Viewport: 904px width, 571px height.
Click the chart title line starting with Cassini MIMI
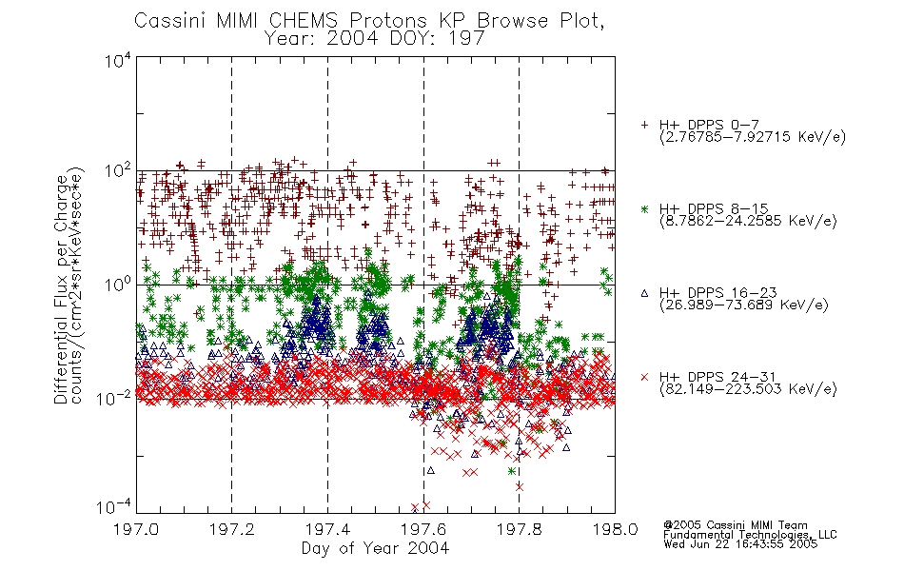(369, 21)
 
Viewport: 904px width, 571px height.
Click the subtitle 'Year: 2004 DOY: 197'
(374, 39)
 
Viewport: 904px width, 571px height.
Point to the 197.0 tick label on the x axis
(136, 529)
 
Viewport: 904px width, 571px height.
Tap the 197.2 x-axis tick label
(232, 529)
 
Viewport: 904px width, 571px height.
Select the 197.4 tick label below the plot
(327, 529)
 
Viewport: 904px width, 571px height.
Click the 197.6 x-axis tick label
(423, 529)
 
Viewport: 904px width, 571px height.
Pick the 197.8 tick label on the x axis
(520, 529)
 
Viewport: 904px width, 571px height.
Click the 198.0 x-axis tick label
(615, 529)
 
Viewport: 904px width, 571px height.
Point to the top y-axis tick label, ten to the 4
(118, 60)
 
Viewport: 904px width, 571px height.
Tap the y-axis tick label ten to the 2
(118, 171)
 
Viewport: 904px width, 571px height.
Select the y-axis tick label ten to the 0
(118, 285)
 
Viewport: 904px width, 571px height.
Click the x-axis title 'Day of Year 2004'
(375, 548)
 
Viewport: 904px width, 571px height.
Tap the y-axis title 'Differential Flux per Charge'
(61, 289)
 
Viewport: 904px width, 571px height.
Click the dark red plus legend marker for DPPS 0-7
(644, 125)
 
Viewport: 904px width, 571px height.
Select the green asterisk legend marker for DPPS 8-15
(644, 208)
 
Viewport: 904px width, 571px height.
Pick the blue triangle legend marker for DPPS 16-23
(644, 293)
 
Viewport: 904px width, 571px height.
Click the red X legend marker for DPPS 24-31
(644, 377)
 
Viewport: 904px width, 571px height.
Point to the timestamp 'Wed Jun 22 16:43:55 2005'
(740, 544)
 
